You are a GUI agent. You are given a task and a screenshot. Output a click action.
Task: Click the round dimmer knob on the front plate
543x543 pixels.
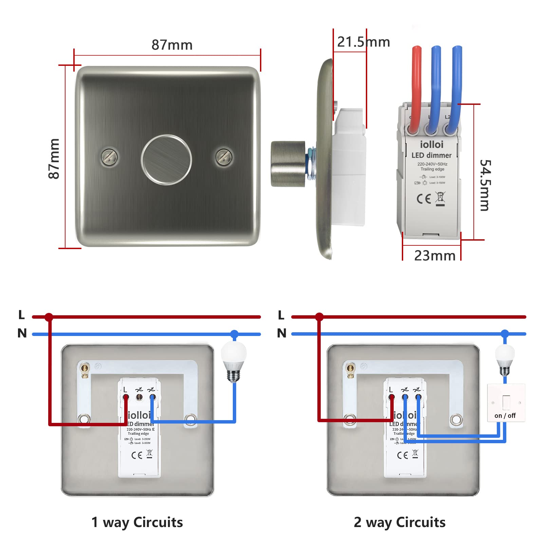(x=166, y=160)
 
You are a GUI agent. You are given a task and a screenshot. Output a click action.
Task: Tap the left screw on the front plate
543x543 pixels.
(x=110, y=156)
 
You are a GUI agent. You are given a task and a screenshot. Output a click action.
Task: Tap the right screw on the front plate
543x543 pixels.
(x=224, y=157)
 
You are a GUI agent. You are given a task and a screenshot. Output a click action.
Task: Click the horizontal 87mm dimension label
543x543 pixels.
(x=172, y=45)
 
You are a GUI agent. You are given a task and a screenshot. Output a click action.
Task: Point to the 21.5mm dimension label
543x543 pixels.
(x=363, y=42)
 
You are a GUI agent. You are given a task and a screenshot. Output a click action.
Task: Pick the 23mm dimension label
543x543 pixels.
(x=435, y=256)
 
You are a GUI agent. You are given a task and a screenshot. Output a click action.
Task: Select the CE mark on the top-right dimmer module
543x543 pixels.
(x=424, y=199)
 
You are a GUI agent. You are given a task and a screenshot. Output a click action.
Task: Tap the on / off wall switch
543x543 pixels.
(x=506, y=403)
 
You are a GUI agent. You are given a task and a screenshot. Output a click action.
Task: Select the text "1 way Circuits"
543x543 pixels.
(x=137, y=522)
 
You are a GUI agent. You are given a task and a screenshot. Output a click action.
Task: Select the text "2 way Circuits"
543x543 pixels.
(x=399, y=522)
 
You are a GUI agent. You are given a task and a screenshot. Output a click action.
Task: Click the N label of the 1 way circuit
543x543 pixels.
(x=22, y=333)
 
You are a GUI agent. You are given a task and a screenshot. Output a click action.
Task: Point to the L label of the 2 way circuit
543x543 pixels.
(x=281, y=315)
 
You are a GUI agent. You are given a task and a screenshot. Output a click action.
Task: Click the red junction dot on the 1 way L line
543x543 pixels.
(x=49, y=317)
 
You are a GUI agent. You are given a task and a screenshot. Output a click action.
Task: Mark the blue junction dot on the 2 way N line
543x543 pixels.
(x=505, y=334)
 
